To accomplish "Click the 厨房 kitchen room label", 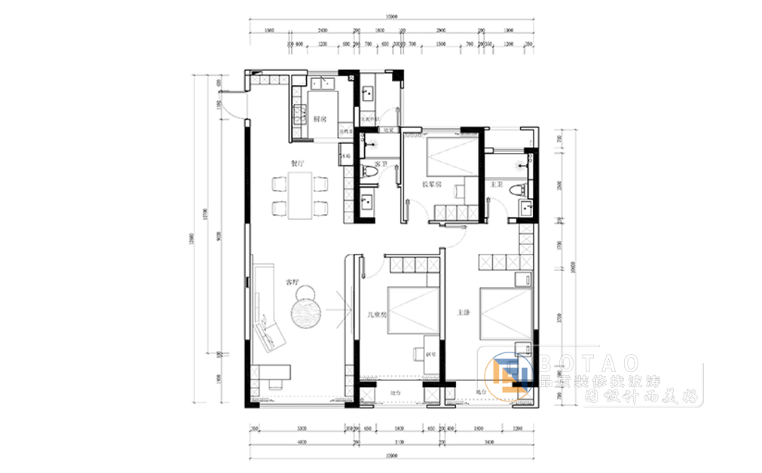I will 320,119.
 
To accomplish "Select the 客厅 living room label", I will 292,283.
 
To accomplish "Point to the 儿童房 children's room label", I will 377,314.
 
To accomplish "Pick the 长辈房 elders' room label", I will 430,184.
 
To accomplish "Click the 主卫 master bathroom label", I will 497,184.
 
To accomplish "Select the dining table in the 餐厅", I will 300,195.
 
